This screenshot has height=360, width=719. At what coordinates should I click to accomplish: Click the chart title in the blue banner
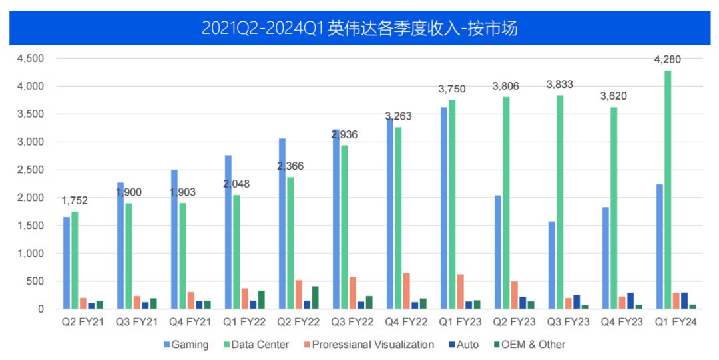tap(359, 29)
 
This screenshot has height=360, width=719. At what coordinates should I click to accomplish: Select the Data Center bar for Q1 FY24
tap(668, 190)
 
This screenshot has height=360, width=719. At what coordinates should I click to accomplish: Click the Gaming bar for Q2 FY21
tap(67, 263)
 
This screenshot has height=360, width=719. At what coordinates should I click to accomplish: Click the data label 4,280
tap(668, 60)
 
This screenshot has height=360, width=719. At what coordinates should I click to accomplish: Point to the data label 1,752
tap(75, 200)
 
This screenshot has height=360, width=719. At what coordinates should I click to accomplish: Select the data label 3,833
tap(559, 85)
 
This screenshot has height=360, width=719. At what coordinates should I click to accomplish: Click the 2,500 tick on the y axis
tap(31, 170)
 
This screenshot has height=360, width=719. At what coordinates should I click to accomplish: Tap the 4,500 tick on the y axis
tap(31, 59)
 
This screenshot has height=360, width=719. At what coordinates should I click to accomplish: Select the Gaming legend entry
tap(186, 345)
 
